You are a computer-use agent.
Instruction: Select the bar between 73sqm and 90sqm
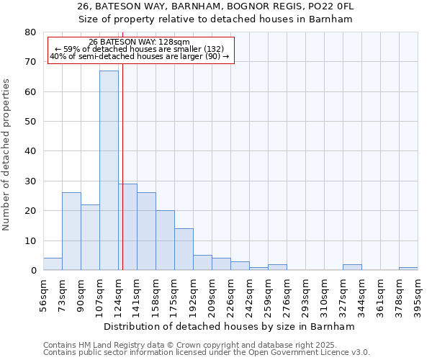(71, 231)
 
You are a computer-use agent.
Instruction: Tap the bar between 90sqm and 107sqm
(90, 238)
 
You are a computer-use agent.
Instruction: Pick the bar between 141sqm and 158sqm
(146, 231)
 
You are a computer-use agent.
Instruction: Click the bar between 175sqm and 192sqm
(184, 249)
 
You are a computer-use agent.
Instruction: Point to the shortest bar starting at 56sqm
(53, 264)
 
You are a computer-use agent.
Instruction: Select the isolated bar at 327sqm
(352, 267)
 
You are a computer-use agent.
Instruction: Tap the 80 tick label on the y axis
(30, 32)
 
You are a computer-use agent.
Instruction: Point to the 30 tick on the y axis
(30, 181)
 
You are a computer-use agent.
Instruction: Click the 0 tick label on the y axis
(33, 271)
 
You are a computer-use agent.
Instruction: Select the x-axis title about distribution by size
(230, 326)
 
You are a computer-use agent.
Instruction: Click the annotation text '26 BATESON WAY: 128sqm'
(141, 42)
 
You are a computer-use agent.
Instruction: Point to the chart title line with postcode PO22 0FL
(215, 6)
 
